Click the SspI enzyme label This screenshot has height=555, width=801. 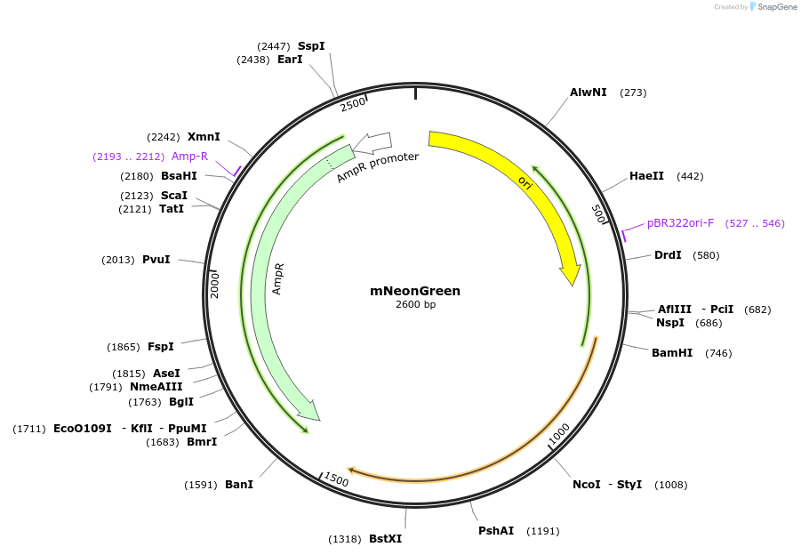[x=311, y=45]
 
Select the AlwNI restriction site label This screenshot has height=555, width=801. [x=589, y=92]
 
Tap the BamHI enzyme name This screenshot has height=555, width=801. [x=672, y=353]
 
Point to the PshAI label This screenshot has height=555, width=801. [x=496, y=531]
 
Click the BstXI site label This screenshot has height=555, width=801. [x=385, y=539]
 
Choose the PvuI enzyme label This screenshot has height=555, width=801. [x=156, y=260]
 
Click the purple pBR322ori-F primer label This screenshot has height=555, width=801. [x=680, y=223]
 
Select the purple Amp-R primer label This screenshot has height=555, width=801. [x=189, y=157]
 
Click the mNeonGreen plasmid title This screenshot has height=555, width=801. [x=415, y=291]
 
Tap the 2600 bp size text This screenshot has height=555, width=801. [x=415, y=305]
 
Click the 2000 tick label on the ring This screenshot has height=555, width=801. [x=214, y=285]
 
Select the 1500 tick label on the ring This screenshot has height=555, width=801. [x=336, y=479]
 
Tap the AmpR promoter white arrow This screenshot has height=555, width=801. [x=372, y=141]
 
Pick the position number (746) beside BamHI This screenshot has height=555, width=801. [x=718, y=353]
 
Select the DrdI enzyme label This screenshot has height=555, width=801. [x=668, y=255]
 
